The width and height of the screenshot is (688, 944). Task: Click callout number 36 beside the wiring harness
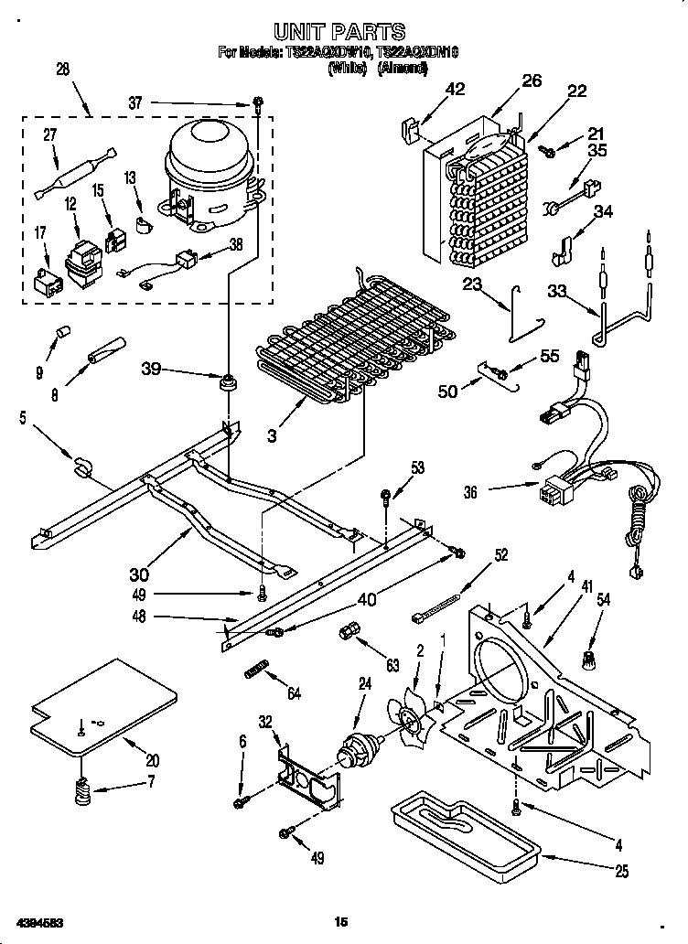click(470, 492)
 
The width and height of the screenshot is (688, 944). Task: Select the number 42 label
click(455, 89)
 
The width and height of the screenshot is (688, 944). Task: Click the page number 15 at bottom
click(341, 922)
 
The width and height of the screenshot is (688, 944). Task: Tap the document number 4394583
click(39, 920)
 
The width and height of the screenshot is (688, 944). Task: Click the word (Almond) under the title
click(403, 67)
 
